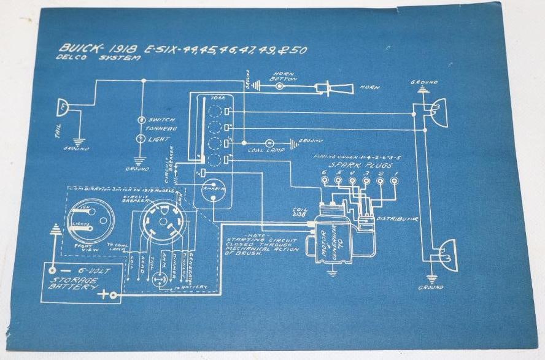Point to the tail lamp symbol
[62, 109]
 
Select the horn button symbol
[280, 86]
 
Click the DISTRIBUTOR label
[398, 219]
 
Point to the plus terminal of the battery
[112, 296]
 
